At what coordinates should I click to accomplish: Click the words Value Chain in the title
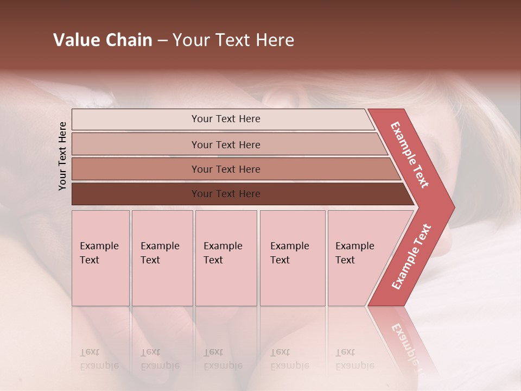click(103, 40)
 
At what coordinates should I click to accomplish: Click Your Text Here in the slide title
click(233, 40)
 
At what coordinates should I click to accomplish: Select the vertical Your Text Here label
click(62, 156)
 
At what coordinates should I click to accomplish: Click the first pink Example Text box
click(100, 258)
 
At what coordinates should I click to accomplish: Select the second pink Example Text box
click(162, 258)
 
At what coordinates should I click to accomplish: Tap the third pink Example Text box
click(226, 258)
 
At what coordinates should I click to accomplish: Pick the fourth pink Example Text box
click(293, 258)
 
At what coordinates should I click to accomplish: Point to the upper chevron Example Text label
click(410, 155)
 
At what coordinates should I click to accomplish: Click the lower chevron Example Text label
click(411, 257)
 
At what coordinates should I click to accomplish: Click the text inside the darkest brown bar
click(226, 194)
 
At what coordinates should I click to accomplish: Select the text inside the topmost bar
click(226, 119)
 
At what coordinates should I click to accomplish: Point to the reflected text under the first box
click(99, 359)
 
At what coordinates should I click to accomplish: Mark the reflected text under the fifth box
click(354, 359)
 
